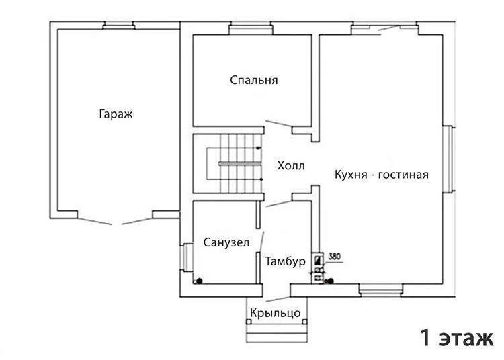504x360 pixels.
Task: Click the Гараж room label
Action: [116, 114]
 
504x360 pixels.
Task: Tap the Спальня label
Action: [254, 80]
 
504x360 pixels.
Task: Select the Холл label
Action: [291, 166]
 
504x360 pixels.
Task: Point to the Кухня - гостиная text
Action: [382, 175]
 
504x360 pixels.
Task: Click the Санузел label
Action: [226, 242]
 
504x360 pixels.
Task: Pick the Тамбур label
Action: [285, 261]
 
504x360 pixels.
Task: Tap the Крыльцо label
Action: [276, 312]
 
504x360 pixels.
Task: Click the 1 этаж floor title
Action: [457, 338]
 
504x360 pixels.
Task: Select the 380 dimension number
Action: [335, 257]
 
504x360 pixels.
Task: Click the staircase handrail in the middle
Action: [240, 163]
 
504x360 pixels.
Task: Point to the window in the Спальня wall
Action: [251, 30]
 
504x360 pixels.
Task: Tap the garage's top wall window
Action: [118, 26]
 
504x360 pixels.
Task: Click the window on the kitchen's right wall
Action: [448, 159]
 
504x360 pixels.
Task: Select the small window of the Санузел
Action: [186, 257]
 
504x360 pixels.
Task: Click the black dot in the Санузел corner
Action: [200, 281]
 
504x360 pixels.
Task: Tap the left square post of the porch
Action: [249, 322]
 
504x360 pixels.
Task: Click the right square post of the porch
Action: [304, 322]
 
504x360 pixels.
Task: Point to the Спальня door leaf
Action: [279, 123]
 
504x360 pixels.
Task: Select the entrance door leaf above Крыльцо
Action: [278, 299]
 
